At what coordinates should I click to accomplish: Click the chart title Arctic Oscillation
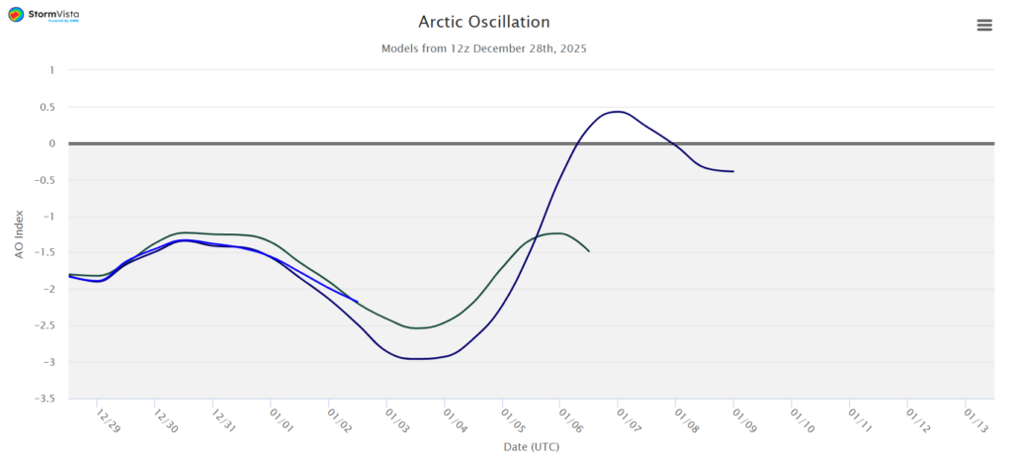[483, 22]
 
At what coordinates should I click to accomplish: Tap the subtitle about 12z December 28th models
[483, 48]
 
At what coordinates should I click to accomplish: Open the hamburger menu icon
[984, 26]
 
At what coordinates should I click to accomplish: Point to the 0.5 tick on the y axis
[45, 107]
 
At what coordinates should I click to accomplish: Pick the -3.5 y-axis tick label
[43, 399]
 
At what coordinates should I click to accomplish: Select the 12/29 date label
[108, 422]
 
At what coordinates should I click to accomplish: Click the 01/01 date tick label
[281, 422]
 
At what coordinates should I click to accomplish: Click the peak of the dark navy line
[618, 112]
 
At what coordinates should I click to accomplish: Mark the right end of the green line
[589, 251]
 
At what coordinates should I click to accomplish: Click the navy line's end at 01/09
[733, 171]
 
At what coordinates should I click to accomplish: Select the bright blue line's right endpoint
[357, 302]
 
